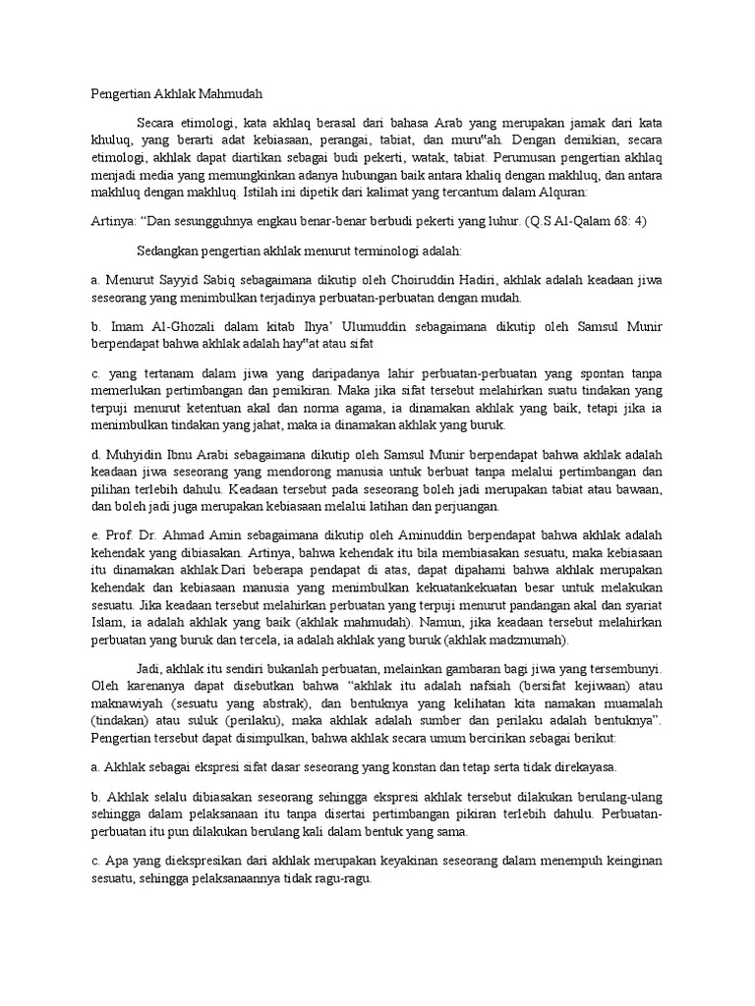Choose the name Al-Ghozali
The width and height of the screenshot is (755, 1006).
[170, 327]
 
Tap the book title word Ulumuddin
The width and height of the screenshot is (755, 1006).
[353, 327]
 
